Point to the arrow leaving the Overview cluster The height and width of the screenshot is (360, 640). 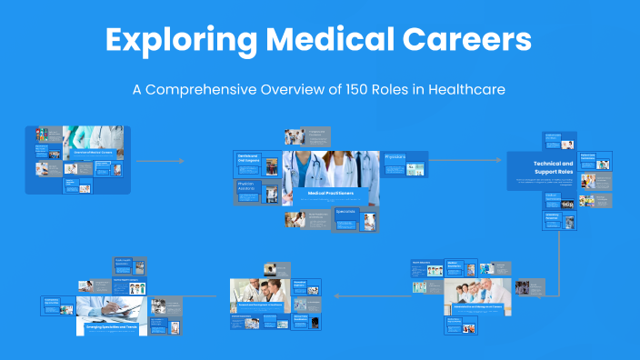[159, 161]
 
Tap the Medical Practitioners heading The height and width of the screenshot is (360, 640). [329, 193]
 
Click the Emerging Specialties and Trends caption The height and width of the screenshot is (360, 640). [110, 325]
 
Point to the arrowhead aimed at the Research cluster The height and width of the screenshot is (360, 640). [337, 295]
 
